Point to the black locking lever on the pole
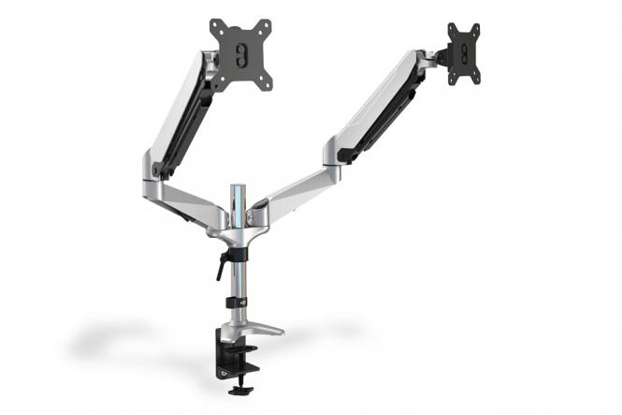[x=223, y=265]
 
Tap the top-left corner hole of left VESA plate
[x=214, y=23]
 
